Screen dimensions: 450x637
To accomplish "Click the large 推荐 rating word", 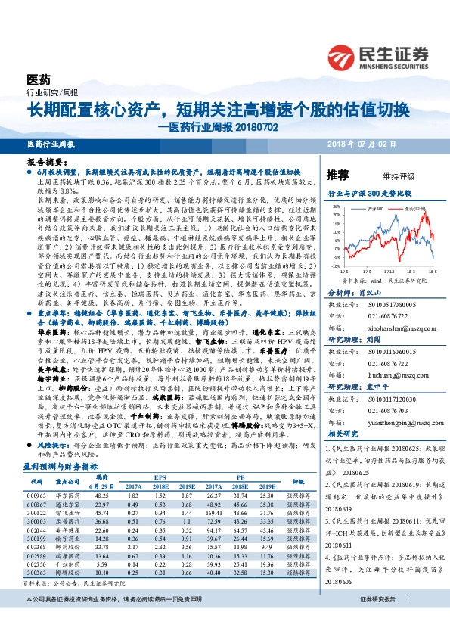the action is pyautogui.click(x=337, y=175).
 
